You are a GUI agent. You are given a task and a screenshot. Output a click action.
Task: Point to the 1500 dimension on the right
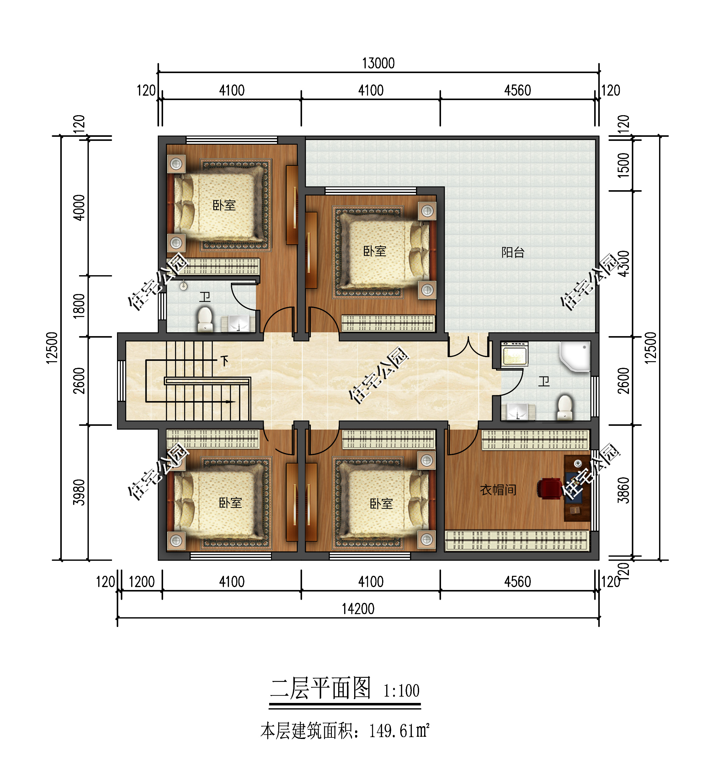[623, 165]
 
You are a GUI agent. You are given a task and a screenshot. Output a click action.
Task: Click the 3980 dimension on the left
[79, 492]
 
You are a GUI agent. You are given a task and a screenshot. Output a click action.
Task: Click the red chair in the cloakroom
[549, 488]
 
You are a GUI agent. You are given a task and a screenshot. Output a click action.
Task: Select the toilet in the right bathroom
[565, 407]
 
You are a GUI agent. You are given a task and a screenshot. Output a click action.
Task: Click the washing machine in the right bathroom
[514, 354]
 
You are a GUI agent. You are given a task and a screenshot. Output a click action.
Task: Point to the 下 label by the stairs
[225, 360]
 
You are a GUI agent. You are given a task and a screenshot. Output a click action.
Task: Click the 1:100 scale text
[401, 691]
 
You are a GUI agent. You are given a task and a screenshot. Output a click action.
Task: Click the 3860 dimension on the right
[623, 490]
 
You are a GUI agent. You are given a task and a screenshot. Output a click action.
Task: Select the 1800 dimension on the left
[79, 306]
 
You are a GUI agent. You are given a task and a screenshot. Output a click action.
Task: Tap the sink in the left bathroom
[239, 323]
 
